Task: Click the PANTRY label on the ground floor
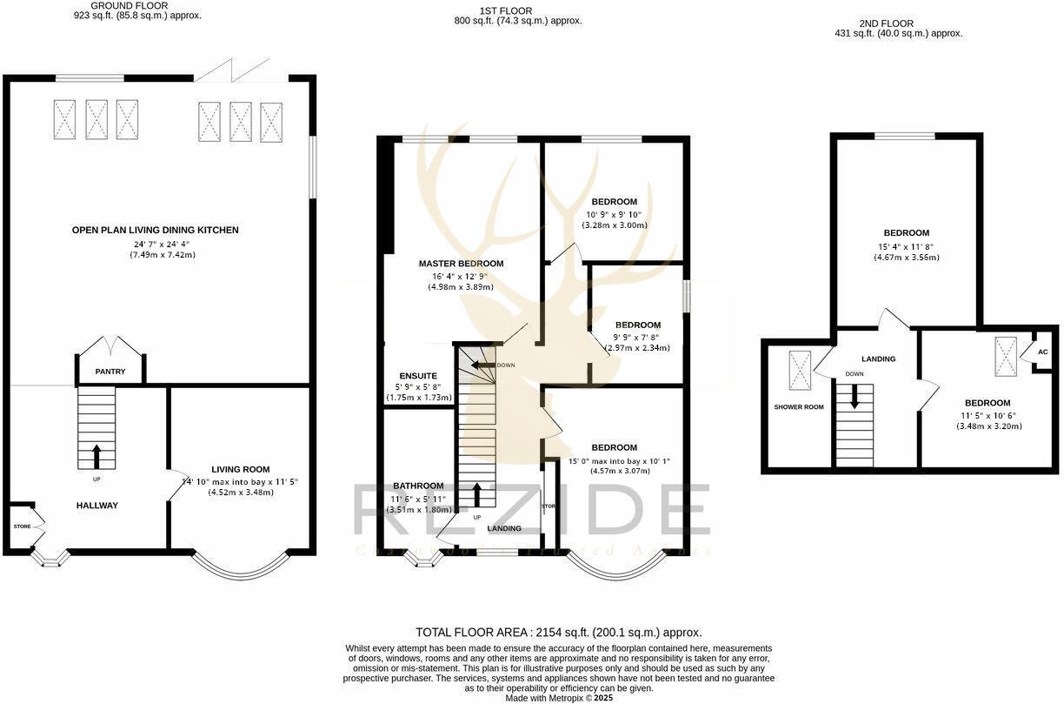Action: click(110, 372)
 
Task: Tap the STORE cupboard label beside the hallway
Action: click(22, 526)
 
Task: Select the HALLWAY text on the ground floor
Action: click(96, 506)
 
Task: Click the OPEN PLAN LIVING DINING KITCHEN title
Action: click(155, 230)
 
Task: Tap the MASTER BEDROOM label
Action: click(461, 264)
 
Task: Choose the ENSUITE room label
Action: click(419, 376)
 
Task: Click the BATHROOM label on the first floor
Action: click(418, 486)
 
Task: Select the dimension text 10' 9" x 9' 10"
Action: click(615, 214)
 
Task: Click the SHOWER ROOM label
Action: click(799, 406)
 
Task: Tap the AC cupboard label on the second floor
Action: click(1043, 352)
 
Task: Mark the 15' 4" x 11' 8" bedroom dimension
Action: click(907, 246)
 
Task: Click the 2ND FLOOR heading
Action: click(898, 23)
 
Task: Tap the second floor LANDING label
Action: click(878, 359)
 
